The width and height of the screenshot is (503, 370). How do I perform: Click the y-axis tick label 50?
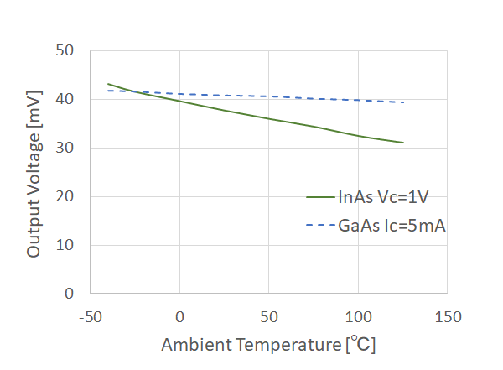click(x=67, y=50)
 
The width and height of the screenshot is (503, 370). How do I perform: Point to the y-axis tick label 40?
click(x=67, y=99)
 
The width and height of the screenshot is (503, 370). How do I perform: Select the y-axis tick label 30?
click(x=67, y=148)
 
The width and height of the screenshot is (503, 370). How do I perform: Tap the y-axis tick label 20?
click(x=67, y=196)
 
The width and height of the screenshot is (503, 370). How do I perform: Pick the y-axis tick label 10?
click(x=67, y=245)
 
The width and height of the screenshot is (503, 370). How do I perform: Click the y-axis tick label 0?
click(x=71, y=294)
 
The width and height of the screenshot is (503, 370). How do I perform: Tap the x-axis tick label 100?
click(x=358, y=317)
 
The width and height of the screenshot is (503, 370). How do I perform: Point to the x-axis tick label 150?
click(x=448, y=317)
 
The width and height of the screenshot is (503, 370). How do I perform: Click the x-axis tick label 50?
click(x=268, y=317)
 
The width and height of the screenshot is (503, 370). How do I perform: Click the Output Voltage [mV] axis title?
click(x=34, y=172)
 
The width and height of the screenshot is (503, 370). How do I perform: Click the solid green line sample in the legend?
click(x=320, y=198)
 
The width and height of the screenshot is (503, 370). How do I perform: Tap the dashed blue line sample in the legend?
click(x=320, y=225)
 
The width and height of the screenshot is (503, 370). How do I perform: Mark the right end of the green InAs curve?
click(x=403, y=143)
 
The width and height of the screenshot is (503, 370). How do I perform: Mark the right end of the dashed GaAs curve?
click(x=403, y=102)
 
